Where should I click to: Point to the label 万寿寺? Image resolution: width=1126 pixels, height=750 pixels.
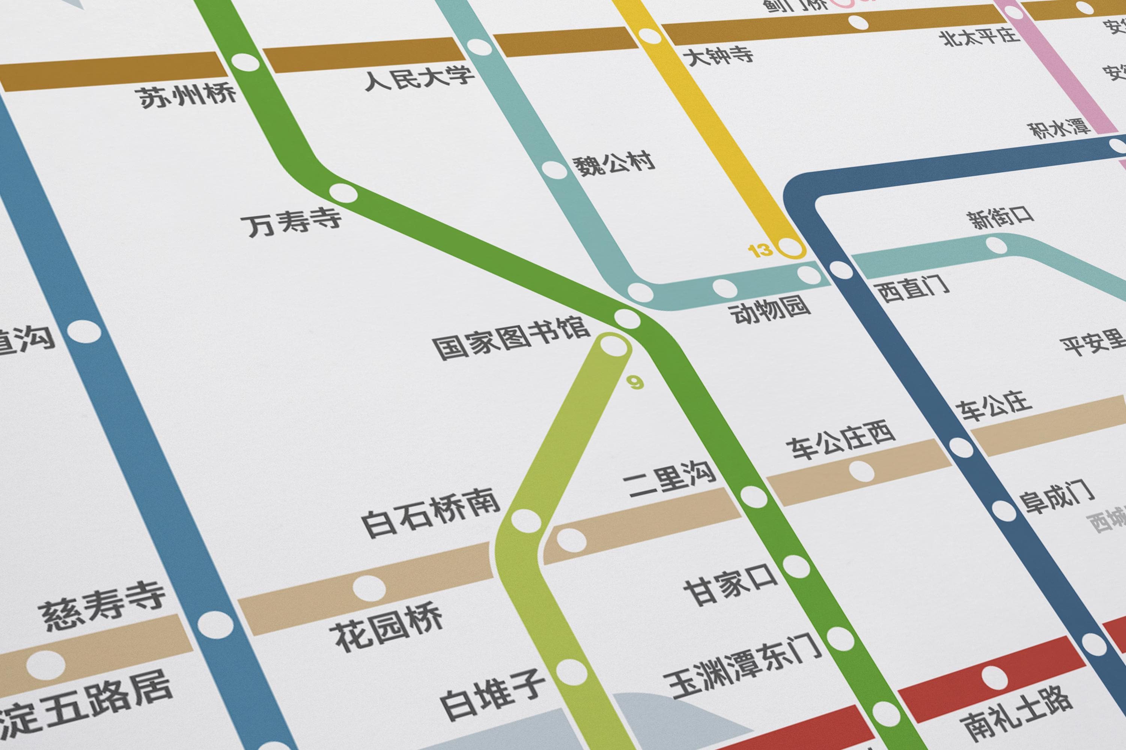(x=294, y=222)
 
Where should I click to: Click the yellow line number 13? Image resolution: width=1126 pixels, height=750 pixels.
(x=760, y=251)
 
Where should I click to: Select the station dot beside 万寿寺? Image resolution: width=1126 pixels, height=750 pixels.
(x=343, y=194)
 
